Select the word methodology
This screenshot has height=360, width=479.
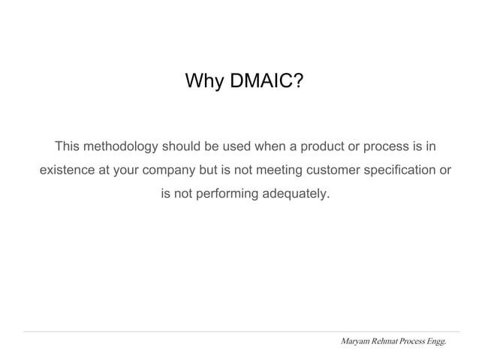(x=121, y=145)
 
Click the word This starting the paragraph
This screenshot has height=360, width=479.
(x=68, y=145)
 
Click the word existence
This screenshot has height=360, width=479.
(x=68, y=170)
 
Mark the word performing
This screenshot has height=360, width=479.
(x=226, y=194)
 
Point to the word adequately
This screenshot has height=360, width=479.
(x=294, y=194)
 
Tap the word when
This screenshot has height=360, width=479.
(x=272, y=145)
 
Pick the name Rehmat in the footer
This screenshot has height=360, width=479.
(x=388, y=342)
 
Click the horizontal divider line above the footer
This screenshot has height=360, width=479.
(x=240, y=331)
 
